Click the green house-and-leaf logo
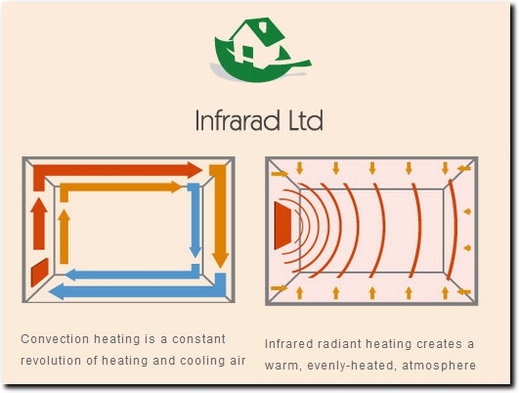click(x=261, y=50)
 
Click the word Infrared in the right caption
click(x=288, y=344)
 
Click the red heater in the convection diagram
click(x=40, y=272)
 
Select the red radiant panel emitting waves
click(x=282, y=226)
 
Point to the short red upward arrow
click(x=39, y=224)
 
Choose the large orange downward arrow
click(x=218, y=215)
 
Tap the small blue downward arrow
click(x=195, y=220)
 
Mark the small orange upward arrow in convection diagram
click(x=64, y=237)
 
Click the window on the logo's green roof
click(x=263, y=26)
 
